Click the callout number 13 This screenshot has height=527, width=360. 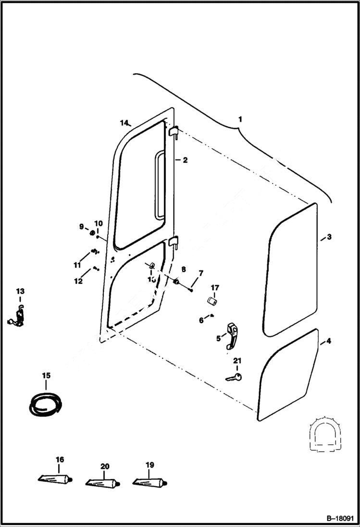pos(20,291)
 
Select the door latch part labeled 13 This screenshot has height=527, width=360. pos(18,317)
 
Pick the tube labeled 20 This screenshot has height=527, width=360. pos(102,482)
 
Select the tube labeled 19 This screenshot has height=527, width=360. pos(149,481)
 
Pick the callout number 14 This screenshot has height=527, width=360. pos(124,123)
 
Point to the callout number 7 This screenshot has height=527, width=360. pos(201,273)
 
